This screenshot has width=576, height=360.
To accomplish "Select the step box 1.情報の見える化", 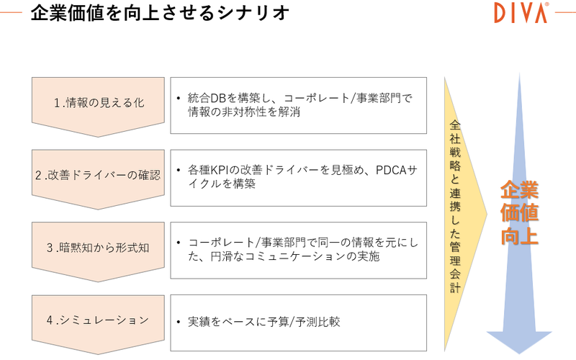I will [x=99, y=102].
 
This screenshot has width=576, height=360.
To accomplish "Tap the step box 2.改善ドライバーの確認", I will [x=99, y=175].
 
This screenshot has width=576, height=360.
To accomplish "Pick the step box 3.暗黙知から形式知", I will [x=99, y=248].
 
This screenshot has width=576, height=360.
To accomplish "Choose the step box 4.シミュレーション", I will [x=99, y=320].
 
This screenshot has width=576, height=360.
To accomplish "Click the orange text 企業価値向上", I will [x=519, y=213].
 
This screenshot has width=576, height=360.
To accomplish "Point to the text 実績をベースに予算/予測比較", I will [x=264, y=321].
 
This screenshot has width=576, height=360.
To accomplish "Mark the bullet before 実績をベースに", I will [x=178, y=322].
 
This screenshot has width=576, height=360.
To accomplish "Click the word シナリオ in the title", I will [x=260, y=13].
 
